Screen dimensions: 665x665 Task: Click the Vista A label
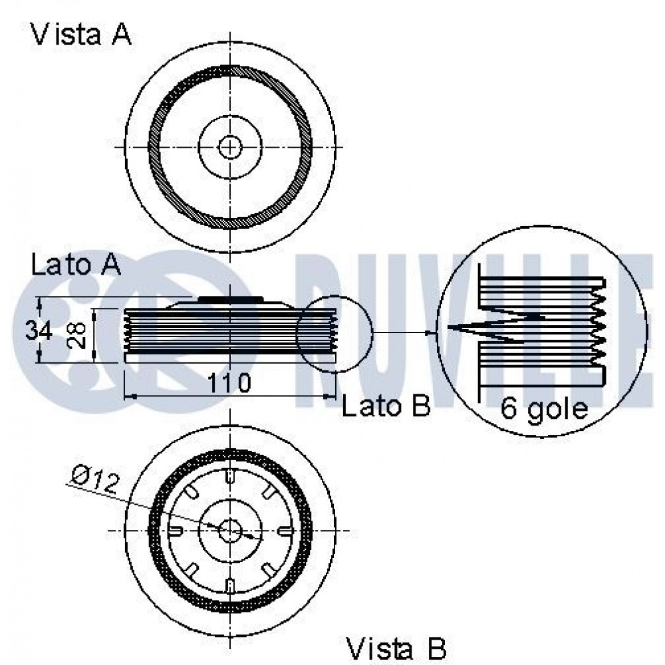click(81, 35)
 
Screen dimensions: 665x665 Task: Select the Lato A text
click(76, 265)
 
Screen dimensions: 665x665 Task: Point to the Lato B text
click(386, 406)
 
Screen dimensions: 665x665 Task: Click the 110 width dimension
click(229, 383)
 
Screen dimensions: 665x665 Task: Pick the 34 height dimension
click(39, 331)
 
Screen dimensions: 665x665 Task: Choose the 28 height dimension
click(76, 335)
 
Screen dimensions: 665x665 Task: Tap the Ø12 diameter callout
click(94, 479)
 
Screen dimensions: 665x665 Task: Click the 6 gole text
click(544, 409)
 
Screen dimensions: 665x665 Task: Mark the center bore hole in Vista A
click(230, 147)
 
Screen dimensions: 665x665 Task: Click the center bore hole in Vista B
click(230, 531)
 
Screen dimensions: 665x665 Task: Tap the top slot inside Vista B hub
click(229, 476)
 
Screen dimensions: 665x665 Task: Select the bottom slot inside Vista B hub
click(229, 585)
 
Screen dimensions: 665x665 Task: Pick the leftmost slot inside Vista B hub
click(175, 531)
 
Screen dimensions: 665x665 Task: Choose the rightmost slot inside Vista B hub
click(284, 531)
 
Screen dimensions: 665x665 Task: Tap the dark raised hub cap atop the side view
click(229, 299)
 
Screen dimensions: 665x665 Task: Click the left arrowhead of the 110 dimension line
click(130, 396)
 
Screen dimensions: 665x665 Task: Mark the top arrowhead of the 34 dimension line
click(39, 302)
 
